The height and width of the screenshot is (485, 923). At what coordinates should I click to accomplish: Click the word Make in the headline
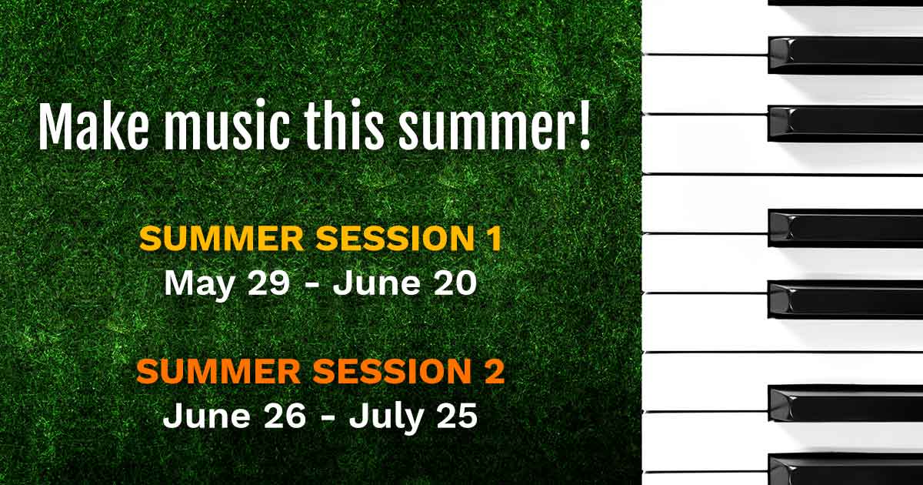tap(94, 125)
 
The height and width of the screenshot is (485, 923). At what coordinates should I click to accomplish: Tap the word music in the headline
tap(226, 125)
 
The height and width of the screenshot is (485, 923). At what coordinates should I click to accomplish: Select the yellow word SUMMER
tap(222, 239)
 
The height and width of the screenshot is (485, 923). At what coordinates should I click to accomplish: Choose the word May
tap(200, 285)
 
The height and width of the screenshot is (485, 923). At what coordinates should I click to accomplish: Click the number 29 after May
tap(268, 283)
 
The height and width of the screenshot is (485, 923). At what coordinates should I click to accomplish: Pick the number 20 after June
tap(455, 283)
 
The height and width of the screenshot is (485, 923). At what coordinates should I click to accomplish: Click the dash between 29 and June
tap(314, 285)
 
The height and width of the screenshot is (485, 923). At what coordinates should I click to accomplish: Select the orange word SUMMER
tap(218, 371)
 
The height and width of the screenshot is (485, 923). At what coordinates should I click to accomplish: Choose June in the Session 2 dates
tap(207, 416)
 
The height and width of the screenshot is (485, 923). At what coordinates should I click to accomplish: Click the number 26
tap(285, 416)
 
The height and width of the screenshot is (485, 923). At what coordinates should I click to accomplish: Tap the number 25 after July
tap(456, 416)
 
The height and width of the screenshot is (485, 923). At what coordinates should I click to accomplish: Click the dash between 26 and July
tap(328, 418)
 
